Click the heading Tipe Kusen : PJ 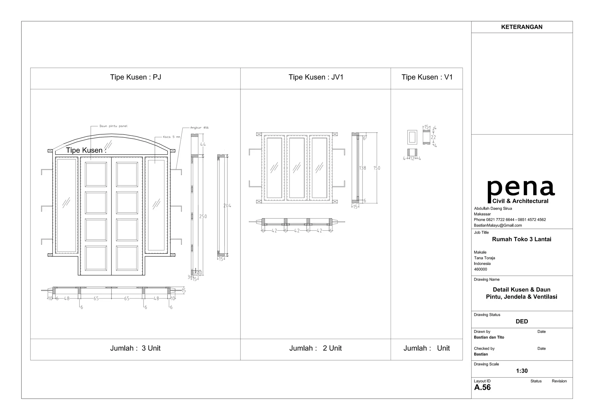[x=135, y=77]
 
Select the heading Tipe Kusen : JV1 [x=316, y=77]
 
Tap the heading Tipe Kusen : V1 [x=427, y=77]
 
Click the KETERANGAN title [x=521, y=27]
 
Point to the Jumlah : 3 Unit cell [x=135, y=348]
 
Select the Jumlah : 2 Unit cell [x=316, y=348]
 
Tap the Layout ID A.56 [x=482, y=388]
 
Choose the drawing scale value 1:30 [x=522, y=371]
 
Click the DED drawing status [x=522, y=321]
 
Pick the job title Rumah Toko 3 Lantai [x=521, y=239]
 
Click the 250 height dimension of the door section [x=203, y=216]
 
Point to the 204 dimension [x=227, y=206]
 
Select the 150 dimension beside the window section [x=376, y=168]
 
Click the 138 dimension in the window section [x=363, y=168]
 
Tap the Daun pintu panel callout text [x=113, y=126]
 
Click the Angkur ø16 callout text [x=199, y=128]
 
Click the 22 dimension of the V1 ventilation [x=433, y=137]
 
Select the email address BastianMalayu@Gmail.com [x=498, y=225]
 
